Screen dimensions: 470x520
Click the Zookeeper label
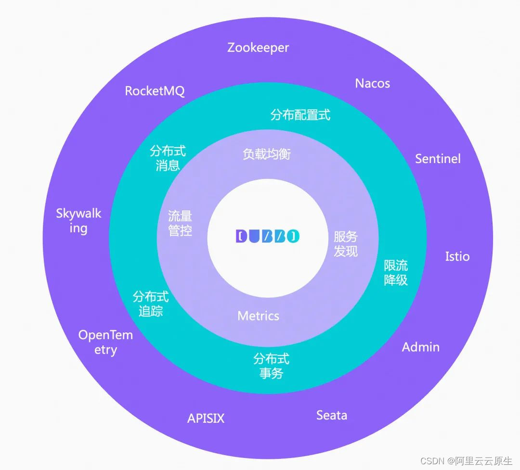point(258,48)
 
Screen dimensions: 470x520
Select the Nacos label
point(372,83)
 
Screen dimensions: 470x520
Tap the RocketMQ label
point(155,91)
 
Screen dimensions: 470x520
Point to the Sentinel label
point(438,159)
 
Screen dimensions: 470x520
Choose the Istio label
point(457,256)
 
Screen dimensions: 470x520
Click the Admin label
point(420,347)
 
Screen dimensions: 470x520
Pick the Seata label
point(331,415)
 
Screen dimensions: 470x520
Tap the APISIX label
point(206,418)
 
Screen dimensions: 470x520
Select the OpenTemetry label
point(105,342)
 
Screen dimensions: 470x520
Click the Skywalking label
point(78,220)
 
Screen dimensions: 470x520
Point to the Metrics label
point(258,316)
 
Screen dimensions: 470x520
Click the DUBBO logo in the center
point(268,236)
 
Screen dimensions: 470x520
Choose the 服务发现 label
point(346,243)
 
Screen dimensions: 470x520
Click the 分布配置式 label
point(300,115)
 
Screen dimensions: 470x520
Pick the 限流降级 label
point(396,273)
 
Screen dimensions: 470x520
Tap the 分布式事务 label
point(271,366)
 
